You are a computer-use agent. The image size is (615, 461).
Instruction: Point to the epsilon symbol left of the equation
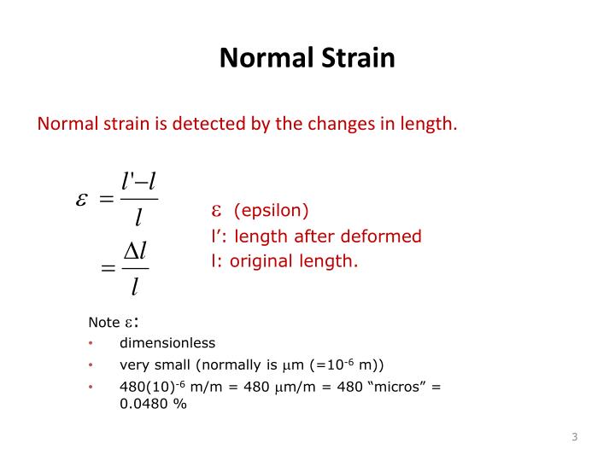click(x=81, y=200)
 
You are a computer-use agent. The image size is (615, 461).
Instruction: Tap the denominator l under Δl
click(x=135, y=287)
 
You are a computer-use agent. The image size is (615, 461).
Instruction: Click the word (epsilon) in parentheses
click(x=271, y=210)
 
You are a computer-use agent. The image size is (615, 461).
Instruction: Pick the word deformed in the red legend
click(x=389, y=236)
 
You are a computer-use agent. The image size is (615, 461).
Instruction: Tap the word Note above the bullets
click(x=104, y=323)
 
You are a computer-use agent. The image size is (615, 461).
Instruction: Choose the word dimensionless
click(x=167, y=343)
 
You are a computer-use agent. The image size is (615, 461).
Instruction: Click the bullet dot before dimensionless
click(x=91, y=343)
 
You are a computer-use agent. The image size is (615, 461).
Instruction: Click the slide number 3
click(x=575, y=438)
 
